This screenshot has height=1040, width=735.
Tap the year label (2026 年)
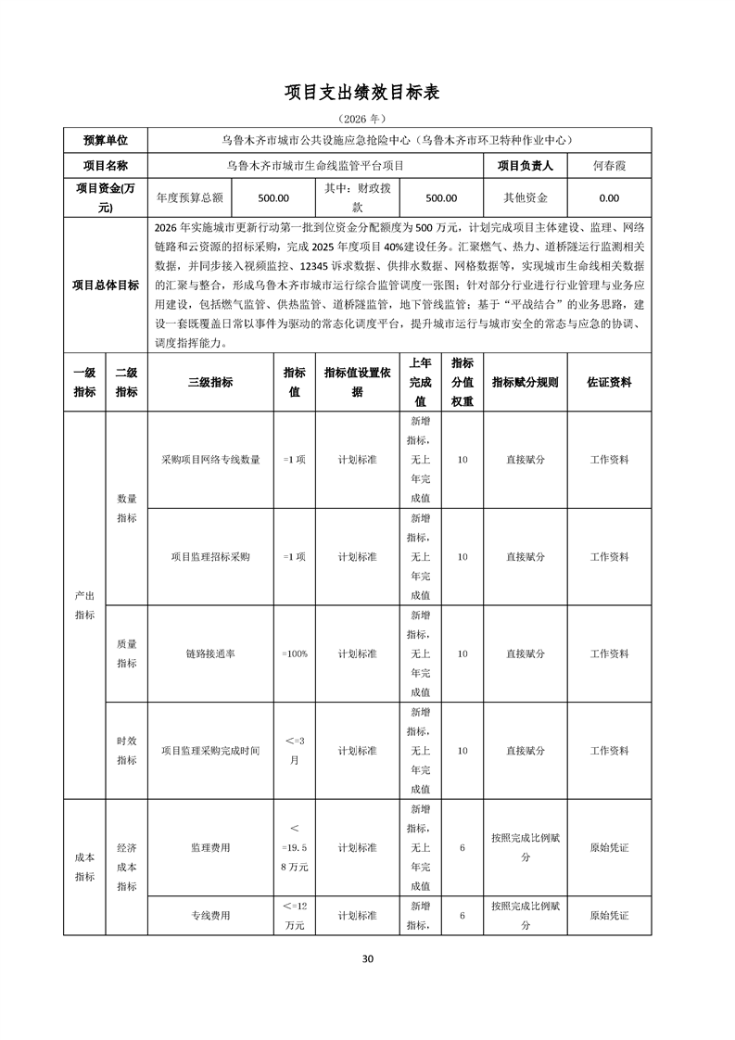click(367, 119)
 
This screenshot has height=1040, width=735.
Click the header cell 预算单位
click(106, 140)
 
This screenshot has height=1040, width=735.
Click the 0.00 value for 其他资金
click(609, 197)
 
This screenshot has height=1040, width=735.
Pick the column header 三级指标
click(210, 382)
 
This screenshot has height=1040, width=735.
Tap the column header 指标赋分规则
click(525, 382)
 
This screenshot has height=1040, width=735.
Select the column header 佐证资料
click(609, 382)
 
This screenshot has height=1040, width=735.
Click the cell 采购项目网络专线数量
click(210, 459)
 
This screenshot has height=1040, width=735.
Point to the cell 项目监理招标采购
click(210, 557)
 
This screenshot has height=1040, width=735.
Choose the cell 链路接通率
click(210, 653)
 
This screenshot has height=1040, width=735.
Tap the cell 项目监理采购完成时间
click(210, 751)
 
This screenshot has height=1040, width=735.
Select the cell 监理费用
click(210, 847)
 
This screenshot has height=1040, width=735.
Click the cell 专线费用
click(210, 915)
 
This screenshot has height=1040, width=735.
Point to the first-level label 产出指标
click(84, 604)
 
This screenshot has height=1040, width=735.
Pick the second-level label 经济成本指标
click(127, 867)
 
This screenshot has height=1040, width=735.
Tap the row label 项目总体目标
click(106, 285)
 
